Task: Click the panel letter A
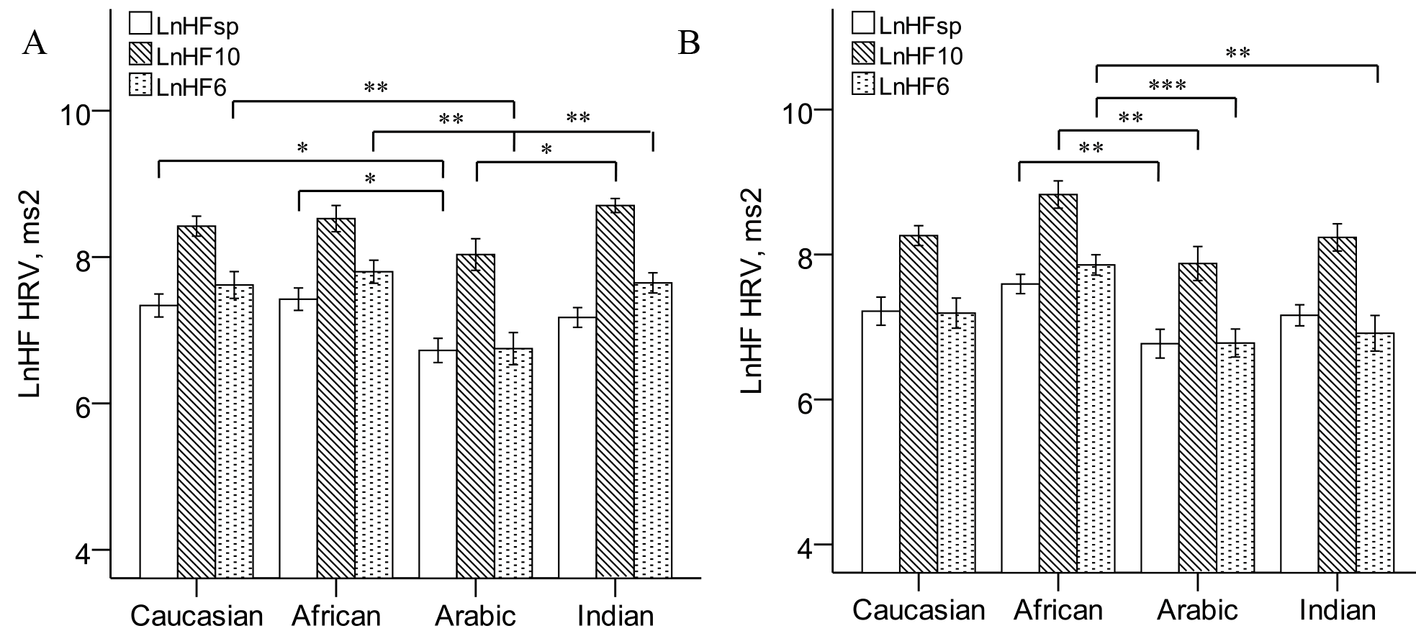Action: pyautogui.click(x=35, y=44)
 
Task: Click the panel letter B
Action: pyautogui.click(x=689, y=44)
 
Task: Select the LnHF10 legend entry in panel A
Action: pyautogui.click(x=184, y=56)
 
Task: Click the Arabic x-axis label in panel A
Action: pyautogui.click(x=476, y=616)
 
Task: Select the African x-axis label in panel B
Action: pyautogui.click(x=1058, y=611)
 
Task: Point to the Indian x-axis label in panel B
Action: pyautogui.click(x=1338, y=611)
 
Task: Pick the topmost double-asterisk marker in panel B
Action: pyautogui.click(x=1237, y=53)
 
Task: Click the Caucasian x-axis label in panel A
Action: pyautogui.click(x=197, y=616)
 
